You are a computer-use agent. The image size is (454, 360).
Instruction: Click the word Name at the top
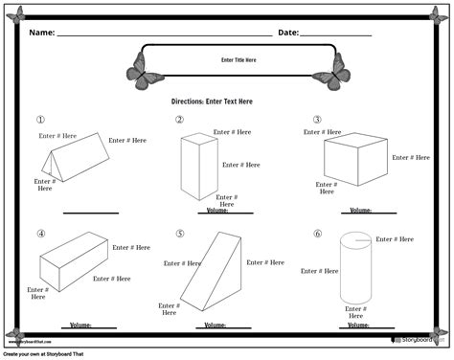pyautogui.click(x=41, y=33)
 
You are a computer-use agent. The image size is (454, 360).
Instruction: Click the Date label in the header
pyautogui.click(x=288, y=33)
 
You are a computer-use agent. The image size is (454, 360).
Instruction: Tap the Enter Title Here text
pyautogui.click(x=238, y=60)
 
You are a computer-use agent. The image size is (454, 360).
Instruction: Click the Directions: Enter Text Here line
pyautogui.click(x=212, y=101)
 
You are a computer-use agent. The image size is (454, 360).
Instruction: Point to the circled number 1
pyautogui.click(x=41, y=120)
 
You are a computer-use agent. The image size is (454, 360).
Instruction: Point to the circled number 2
pyautogui.click(x=179, y=120)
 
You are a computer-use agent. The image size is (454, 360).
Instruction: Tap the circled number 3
pyautogui.click(x=317, y=120)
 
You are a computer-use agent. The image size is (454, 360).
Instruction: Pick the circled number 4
pyautogui.click(x=41, y=233)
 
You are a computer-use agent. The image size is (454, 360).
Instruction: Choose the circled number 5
pyautogui.click(x=179, y=233)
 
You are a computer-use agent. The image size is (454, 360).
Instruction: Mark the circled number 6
pyautogui.click(x=317, y=233)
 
